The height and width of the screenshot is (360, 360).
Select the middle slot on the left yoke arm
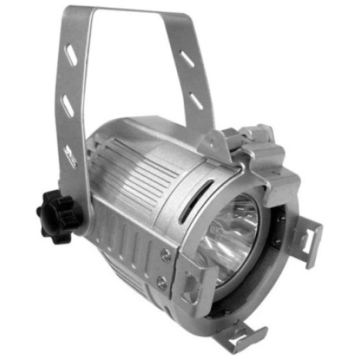pyautogui.click(x=69, y=106)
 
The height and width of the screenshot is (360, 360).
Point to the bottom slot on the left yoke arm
pyautogui.click(x=71, y=157)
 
